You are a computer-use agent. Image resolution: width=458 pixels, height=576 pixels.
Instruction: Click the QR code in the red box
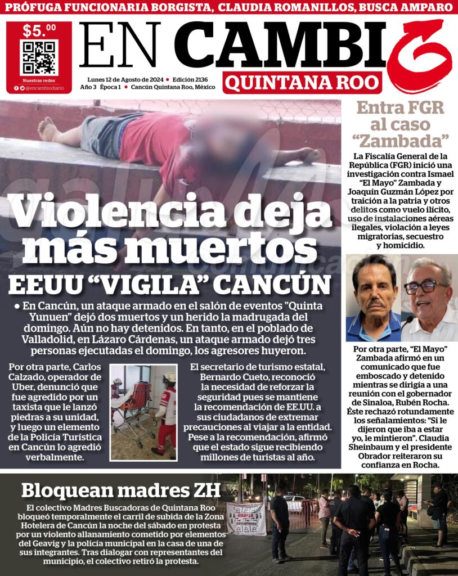point(39,57)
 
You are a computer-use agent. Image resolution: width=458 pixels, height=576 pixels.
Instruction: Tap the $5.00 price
point(39,30)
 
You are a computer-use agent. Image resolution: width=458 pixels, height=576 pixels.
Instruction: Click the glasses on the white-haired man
point(426,286)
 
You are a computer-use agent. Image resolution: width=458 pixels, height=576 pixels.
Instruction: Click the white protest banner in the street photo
point(246,518)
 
